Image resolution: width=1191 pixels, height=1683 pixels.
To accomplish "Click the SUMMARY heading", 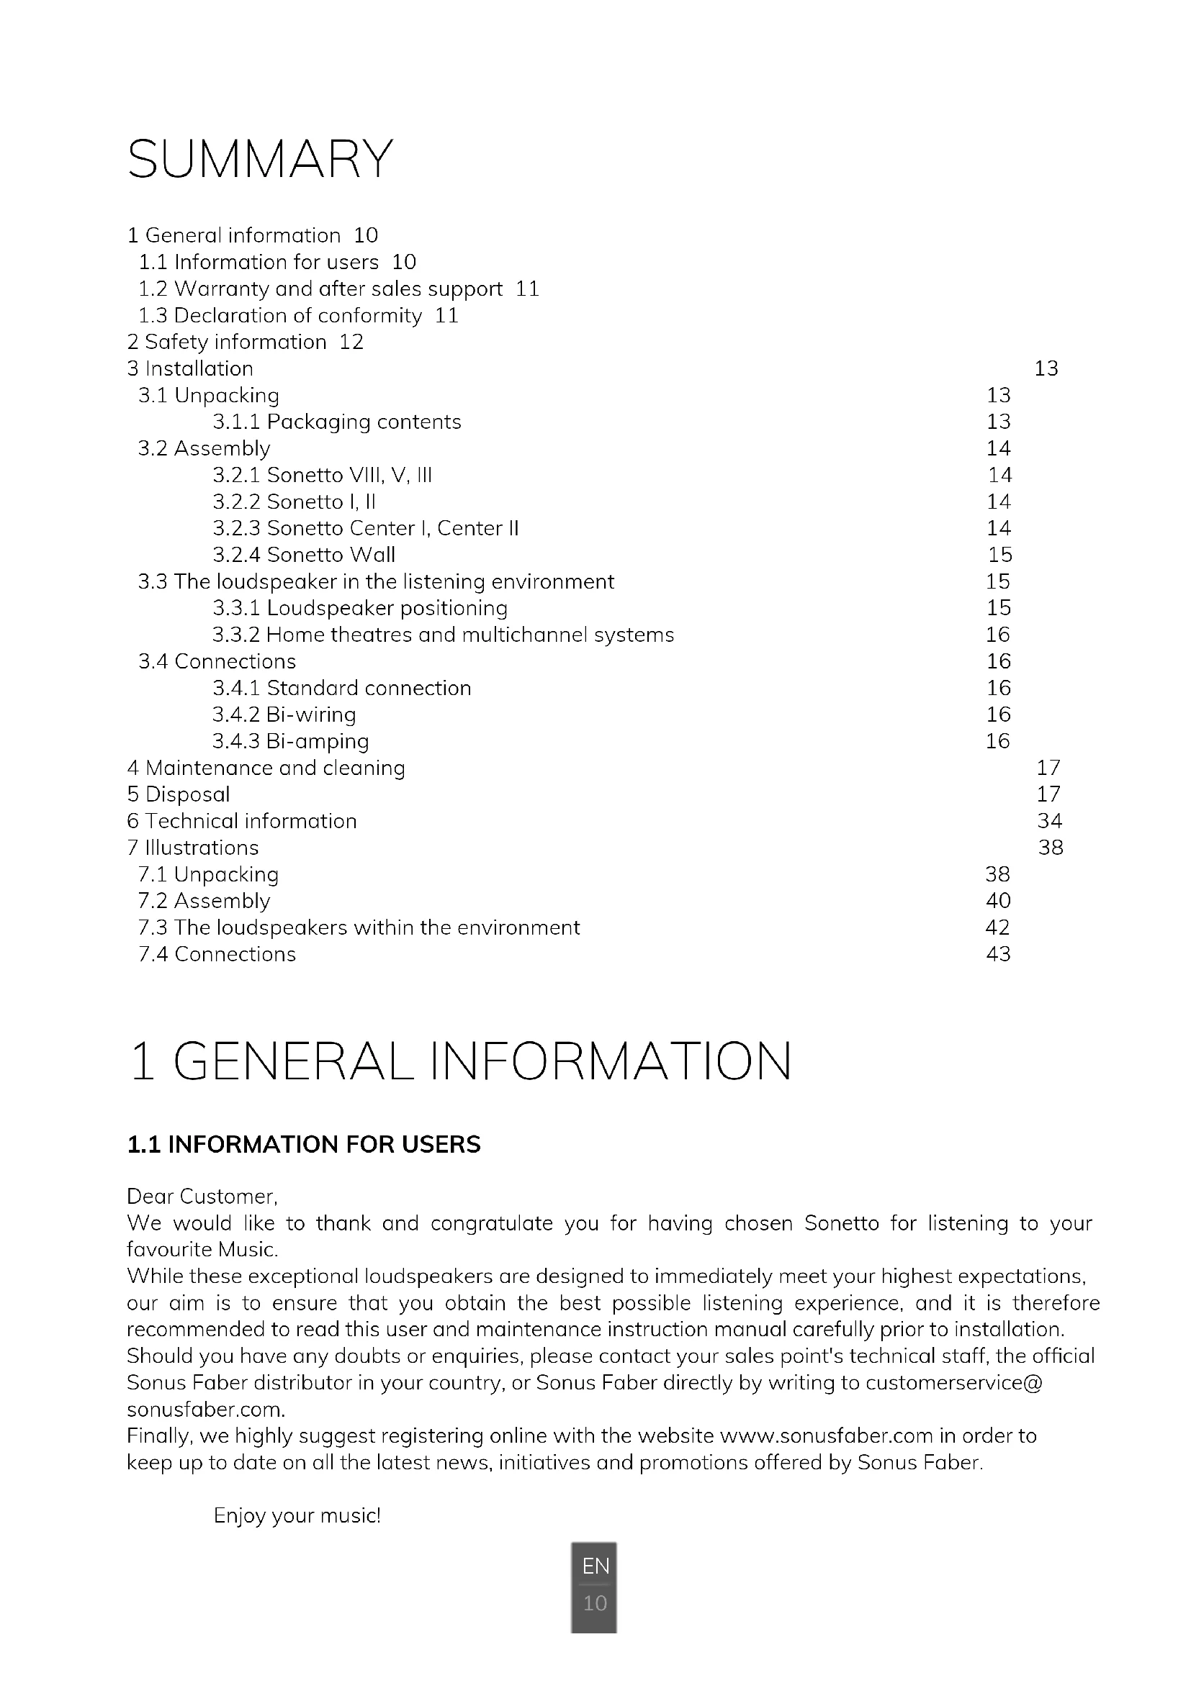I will pyautogui.click(x=261, y=159).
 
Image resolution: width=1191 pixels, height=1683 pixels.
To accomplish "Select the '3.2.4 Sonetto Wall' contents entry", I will pyautogui.click(x=304, y=555).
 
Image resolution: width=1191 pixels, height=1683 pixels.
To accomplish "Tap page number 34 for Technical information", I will pyautogui.click(x=1049, y=821).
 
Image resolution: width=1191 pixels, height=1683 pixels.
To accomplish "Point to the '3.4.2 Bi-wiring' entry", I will pyautogui.click(x=284, y=715).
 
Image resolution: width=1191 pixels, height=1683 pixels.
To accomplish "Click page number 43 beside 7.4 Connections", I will pyautogui.click(x=998, y=954).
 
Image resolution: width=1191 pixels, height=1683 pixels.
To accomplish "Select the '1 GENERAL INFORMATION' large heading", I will pyautogui.click(x=460, y=1061).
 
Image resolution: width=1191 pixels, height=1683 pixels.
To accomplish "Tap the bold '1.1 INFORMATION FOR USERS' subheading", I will pyautogui.click(x=304, y=1145).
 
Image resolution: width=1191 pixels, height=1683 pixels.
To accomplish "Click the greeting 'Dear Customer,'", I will pyautogui.click(x=202, y=1197).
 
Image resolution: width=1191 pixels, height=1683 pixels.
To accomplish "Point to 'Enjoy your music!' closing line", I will pyautogui.click(x=297, y=1516).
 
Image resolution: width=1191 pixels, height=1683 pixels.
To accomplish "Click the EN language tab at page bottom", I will pyautogui.click(x=595, y=1566).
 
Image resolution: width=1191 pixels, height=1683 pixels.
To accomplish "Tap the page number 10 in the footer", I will pyautogui.click(x=595, y=1603).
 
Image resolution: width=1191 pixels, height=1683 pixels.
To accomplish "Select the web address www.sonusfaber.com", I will pyautogui.click(x=827, y=1436).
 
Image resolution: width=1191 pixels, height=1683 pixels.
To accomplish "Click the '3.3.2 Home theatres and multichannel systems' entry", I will pyautogui.click(x=443, y=635).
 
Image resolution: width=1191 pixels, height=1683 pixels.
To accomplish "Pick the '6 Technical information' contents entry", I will pyautogui.click(x=242, y=821).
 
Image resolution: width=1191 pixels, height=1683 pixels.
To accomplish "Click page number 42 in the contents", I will pyautogui.click(x=997, y=928).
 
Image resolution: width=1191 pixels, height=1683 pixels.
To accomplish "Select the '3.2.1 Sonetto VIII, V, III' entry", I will pyautogui.click(x=322, y=476).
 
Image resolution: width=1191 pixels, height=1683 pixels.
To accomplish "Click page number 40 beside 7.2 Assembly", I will pyautogui.click(x=998, y=901).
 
